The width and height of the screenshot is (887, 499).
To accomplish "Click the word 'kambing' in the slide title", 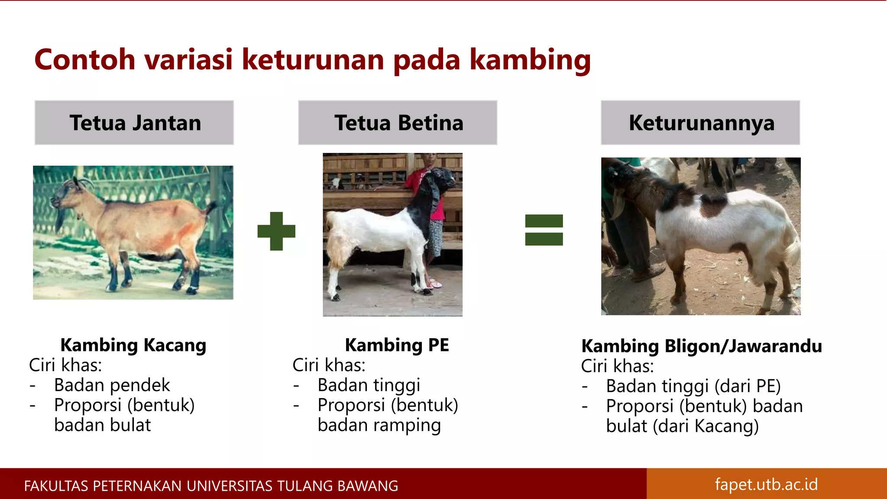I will pyautogui.click(x=530, y=60).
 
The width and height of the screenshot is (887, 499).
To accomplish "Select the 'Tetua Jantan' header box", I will pyautogui.click(x=134, y=123).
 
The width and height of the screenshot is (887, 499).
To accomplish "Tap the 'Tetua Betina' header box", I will pyautogui.click(x=398, y=123).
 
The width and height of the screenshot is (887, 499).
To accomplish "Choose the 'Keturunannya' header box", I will pyautogui.click(x=700, y=123).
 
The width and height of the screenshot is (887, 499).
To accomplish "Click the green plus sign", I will pyautogui.click(x=276, y=231).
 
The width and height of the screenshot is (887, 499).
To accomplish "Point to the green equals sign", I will pyautogui.click(x=544, y=230).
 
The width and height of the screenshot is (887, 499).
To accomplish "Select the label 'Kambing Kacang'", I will pyautogui.click(x=133, y=345).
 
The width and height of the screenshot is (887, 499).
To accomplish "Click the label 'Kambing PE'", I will pyautogui.click(x=397, y=345).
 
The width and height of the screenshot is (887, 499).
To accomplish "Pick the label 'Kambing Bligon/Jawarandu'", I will pyautogui.click(x=701, y=346).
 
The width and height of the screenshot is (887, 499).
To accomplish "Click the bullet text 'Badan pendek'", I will pyautogui.click(x=112, y=385).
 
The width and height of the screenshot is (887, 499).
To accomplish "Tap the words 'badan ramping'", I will pyautogui.click(x=379, y=425).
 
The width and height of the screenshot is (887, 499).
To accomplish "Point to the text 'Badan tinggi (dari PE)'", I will pyautogui.click(x=693, y=386).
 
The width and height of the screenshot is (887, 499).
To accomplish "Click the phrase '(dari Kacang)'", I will pyautogui.click(x=706, y=426).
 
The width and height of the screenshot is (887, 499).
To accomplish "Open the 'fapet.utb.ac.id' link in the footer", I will pyautogui.click(x=766, y=484).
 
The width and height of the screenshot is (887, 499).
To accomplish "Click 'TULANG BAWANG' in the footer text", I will pyautogui.click(x=337, y=486).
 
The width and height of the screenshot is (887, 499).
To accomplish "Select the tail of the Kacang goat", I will pyautogui.click(x=210, y=208).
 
